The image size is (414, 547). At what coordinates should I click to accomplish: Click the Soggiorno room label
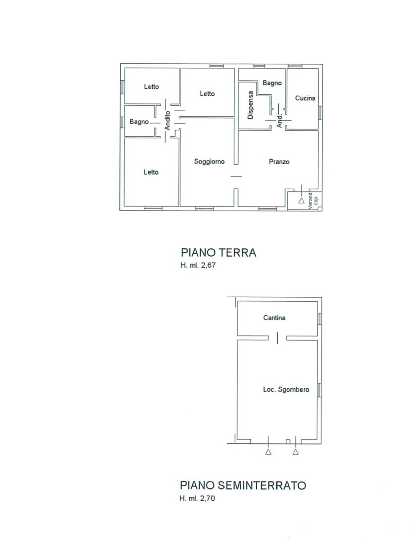click(209, 161)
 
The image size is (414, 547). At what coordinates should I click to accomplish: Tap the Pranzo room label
click(279, 162)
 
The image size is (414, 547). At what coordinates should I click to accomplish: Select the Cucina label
click(305, 98)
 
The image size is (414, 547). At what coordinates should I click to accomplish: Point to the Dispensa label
click(250, 105)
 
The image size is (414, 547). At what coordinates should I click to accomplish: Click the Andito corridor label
click(167, 121)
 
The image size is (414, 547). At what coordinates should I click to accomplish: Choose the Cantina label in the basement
click(274, 318)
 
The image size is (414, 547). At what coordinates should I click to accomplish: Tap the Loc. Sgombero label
click(286, 389)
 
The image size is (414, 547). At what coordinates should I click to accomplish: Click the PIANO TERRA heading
click(218, 253)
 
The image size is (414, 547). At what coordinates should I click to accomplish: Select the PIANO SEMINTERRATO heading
click(243, 485)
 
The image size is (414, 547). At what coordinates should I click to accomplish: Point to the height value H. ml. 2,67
click(198, 265)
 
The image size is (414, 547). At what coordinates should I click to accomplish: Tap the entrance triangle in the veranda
click(301, 201)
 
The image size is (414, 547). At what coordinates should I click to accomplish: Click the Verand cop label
click(313, 201)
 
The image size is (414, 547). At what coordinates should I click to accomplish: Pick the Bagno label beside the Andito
click(139, 122)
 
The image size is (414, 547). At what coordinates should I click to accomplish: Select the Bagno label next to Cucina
click(272, 83)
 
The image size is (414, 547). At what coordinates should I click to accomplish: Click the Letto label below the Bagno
click(151, 172)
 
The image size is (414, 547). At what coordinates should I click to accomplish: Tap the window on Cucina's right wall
click(320, 113)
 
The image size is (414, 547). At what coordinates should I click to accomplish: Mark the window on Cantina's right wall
click(320, 319)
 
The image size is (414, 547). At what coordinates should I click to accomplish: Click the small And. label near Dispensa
click(279, 121)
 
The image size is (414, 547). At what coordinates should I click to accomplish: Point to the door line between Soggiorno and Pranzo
click(236, 176)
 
